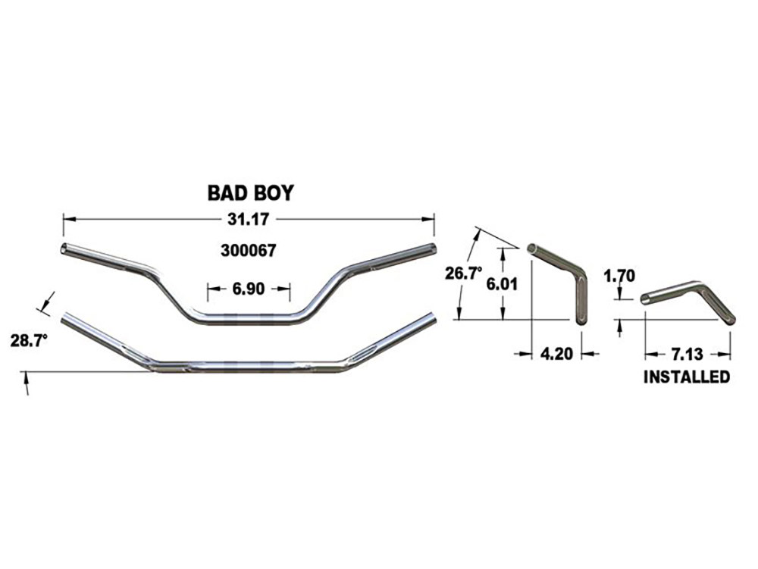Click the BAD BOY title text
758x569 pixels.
coord(250,193)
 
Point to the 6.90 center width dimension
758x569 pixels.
coord(249,288)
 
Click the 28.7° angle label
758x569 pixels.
coord(30,340)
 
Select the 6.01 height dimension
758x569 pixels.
coord(501,282)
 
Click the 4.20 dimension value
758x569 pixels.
coord(556,353)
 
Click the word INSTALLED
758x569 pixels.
coord(687,377)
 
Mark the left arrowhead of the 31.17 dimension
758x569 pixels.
coord(67,219)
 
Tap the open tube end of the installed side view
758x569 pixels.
coord(645,299)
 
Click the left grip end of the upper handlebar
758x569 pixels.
coord(65,249)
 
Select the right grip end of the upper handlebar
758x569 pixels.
coord(432,249)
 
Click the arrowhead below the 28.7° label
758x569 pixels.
coord(26,389)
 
